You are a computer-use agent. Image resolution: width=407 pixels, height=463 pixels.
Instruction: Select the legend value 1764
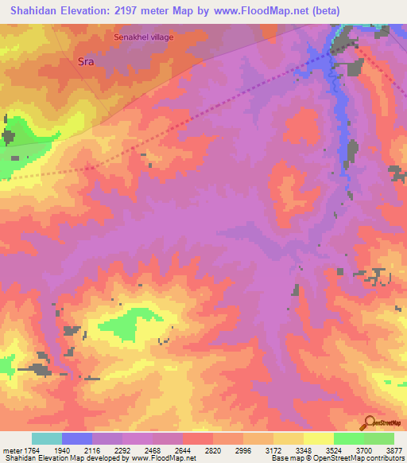(x=32, y=449)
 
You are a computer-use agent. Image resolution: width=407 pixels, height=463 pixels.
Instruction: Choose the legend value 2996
(x=243, y=449)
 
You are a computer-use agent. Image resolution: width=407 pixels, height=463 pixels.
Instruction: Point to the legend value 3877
(x=393, y=449)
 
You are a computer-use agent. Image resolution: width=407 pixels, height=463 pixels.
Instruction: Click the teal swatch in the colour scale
(x=47, y=438)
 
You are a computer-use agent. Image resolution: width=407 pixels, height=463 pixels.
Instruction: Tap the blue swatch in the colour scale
(x=77, y=438)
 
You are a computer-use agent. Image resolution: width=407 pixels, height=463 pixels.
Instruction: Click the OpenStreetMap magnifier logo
(x=367, y=422)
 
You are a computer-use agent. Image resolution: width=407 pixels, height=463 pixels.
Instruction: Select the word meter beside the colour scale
(x=11, y=449)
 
